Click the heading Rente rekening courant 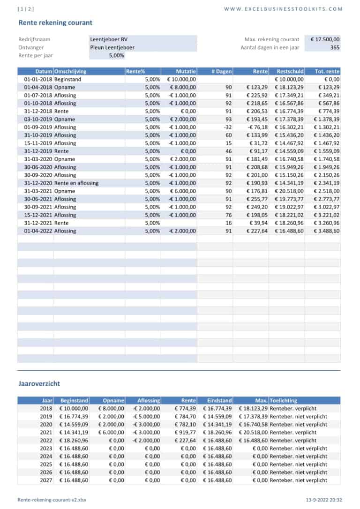pos(55,22)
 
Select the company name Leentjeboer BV pos(109,40)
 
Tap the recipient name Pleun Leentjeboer pos(112,47)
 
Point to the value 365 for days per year pos(335,47)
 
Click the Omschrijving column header pos(70,72)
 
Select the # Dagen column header pos(222,72)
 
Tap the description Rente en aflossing pos(76,183)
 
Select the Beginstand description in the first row pos(67,79)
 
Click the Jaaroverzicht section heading pos(39,383)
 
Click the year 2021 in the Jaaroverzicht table pos(46,432)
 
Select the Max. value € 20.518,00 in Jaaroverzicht pos(253,432)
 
